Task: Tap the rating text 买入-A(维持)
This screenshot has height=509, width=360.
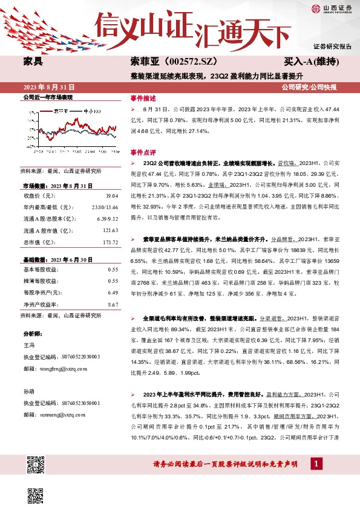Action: coord(310,62)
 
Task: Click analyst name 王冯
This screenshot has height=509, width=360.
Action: coord(28,344)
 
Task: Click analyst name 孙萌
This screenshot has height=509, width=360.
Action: coord(28,391)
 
